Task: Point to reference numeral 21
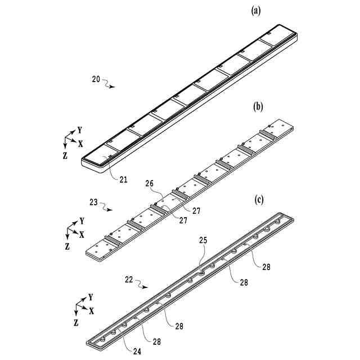pyautogui.click(x=123, y=180)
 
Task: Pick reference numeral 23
pyautogui.click(x=94, y=203)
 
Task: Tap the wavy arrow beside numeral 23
pyautogui.click(x=107, y=208)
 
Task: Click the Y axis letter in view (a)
pyautogui.click(x=80, y=129)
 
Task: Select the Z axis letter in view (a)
pyautogui.click(x=66, y=154)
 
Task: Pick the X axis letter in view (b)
pyautogui.click(x=82, y=234)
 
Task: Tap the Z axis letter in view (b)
pyautogui.click(x=67, y=246)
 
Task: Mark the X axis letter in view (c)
pyautogui.click(x=91, y=310)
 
